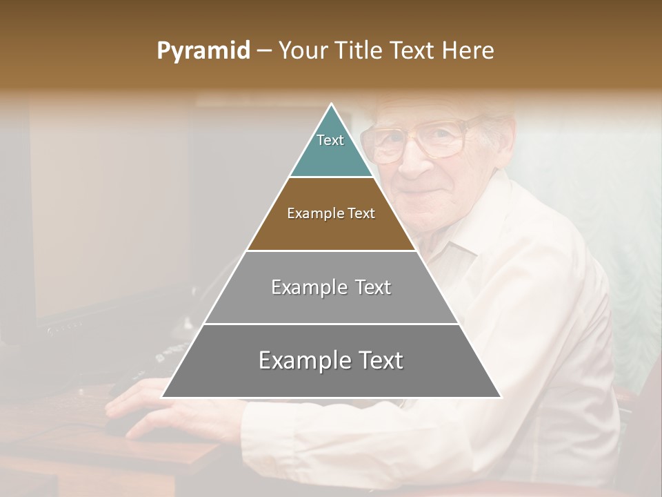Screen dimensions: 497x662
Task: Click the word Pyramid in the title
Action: click(203, 51)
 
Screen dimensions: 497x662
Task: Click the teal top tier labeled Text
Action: click(331, 148)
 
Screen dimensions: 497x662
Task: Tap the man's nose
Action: click(414, 162)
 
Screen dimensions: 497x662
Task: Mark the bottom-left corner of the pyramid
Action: click(162, 398)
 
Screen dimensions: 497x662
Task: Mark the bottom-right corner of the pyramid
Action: click(501, 398)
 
